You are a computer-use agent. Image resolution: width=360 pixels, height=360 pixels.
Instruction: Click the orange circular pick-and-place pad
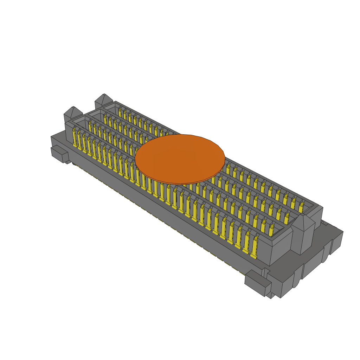pyautogui.click(x=180, y=159)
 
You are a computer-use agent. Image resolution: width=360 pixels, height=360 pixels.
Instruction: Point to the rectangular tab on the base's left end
pyautogui.click(x=60, y=155)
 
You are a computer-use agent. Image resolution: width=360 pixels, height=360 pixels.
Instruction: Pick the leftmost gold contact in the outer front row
pyautogui.click(x=75, y=137)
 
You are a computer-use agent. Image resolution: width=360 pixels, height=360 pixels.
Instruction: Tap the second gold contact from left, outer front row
pyautogui.click(x=80, y=140)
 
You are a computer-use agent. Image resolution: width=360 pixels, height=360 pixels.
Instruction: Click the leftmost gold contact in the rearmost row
pyautogui.click(x=120, y=112)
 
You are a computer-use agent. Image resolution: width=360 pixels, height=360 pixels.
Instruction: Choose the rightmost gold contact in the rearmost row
pyautogui.click(x=301, y=207)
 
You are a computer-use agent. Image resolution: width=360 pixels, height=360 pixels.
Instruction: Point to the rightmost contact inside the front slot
pyautogui.click(x=271, y=230)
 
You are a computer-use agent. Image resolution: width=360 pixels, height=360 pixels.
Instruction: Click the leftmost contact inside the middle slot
pyautogui.click(x=105, y=118)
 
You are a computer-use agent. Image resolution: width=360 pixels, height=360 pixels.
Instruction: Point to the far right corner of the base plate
pyautogui.click(x=342, y=233)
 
